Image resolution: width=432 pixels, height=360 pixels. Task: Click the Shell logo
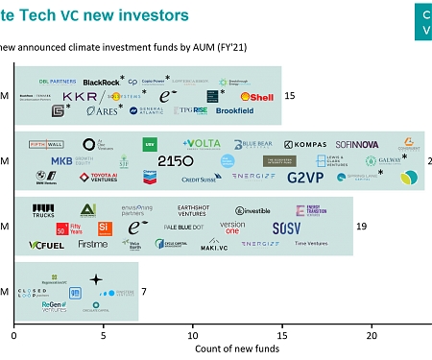click(260, 96)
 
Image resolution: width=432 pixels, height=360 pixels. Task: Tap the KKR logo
click(80, 97)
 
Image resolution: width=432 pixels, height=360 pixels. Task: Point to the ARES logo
click(101, 111)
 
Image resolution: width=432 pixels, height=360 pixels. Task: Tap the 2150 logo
click(176, 161)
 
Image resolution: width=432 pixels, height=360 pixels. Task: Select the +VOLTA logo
click(202, 144)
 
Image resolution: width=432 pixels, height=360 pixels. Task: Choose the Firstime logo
click(93, 245)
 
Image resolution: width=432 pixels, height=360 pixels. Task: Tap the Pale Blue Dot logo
click(184, 228)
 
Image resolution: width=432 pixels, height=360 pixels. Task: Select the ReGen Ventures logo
click(55, 306)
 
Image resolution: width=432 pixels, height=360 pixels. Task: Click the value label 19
click(362, 227)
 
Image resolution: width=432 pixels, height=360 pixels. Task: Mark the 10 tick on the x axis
click(193, 336)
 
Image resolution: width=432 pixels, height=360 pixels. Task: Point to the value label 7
click(144, 290)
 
